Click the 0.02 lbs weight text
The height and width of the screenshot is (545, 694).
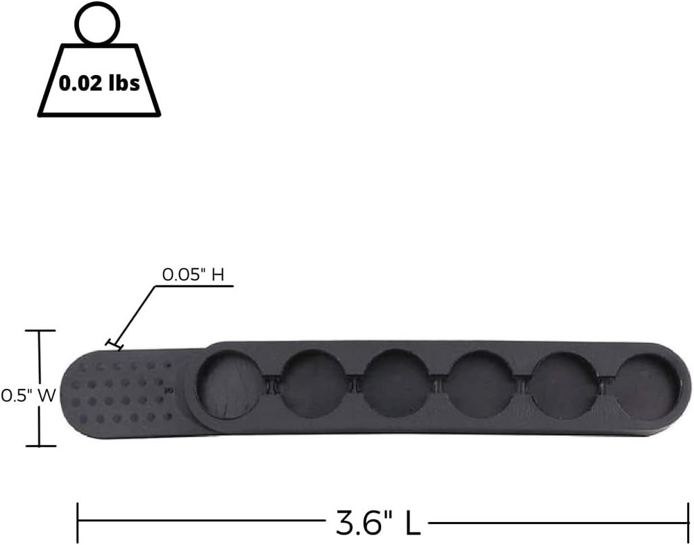pos(99,84)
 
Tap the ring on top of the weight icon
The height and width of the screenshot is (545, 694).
pos(98,24)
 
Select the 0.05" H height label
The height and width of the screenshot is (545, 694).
pos(193,274)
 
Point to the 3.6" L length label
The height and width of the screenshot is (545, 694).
pos(378,523)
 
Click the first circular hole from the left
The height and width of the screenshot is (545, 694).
pos(228,385)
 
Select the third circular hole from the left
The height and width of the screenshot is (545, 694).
pos(396,385)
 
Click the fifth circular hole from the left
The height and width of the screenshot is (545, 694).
pos(563,385)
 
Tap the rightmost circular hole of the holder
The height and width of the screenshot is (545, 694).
pos(648,386)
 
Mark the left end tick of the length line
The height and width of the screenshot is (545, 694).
pos(78,523)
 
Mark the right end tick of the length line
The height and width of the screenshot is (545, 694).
pos(687,523)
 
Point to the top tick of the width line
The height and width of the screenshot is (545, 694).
pos(40,331)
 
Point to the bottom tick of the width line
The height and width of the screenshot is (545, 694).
pos(40,446)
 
